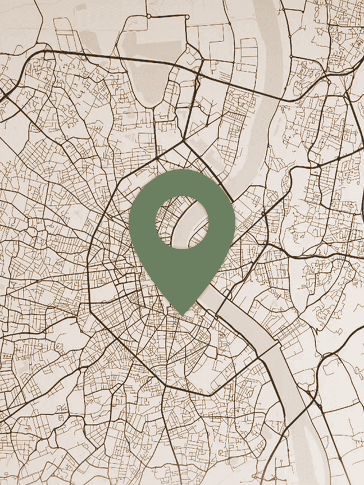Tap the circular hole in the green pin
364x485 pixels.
click(181, 222)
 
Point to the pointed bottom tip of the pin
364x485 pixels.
click(182, 314)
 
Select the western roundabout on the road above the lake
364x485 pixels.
click(148, 16)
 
